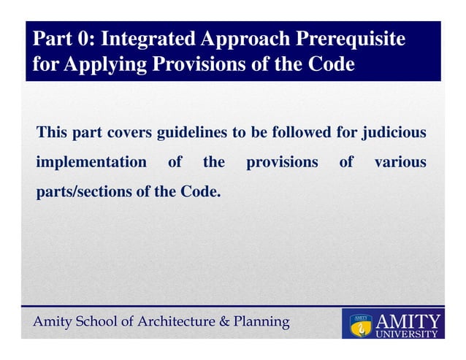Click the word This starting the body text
point(53,133)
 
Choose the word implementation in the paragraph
point(91,162)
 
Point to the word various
point(400,162)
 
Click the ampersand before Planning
point(225,321)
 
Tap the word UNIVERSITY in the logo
point(407,334)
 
